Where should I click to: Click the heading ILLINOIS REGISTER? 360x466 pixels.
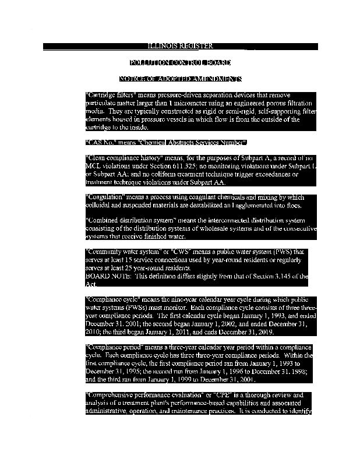(180, 46)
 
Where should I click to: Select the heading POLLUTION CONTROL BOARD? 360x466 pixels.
(180, 62)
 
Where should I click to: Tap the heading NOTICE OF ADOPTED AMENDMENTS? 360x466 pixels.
(180, 79)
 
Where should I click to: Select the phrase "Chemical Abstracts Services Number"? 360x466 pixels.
(192, 142)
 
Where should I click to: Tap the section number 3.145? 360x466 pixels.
(282, 276)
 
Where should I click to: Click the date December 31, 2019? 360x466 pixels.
(245, 331)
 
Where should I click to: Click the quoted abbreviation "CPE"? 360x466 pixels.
(230, 395)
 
